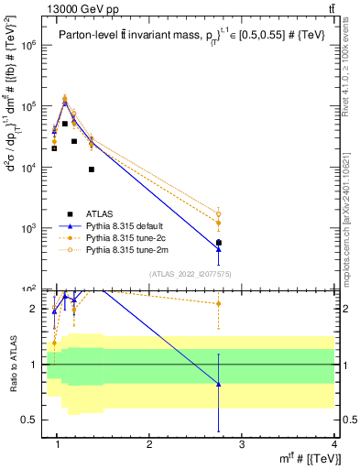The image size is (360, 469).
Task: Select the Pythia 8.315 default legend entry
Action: [134, 226]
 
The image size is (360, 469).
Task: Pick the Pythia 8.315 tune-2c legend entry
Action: [134, 238]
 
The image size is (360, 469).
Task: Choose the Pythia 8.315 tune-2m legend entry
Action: [134, 249]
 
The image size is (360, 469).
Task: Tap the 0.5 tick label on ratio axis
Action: [29, 420]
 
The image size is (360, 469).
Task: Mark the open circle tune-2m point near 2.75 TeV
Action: [218, 214]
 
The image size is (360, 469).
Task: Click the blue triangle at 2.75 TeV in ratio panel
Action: [218, 384]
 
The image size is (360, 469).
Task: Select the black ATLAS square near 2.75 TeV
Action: [218, 243]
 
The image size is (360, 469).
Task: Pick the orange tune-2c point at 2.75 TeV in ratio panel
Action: [218, 303]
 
